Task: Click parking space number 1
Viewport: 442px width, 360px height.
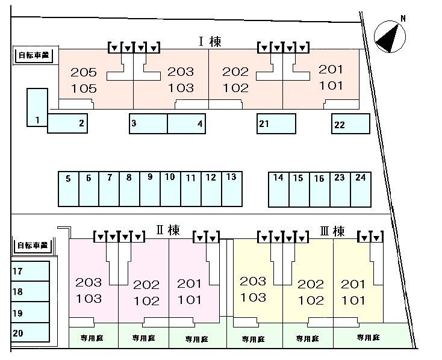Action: pyautogui.click(x=37, y=107)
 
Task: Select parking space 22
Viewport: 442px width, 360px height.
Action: pyautogui.click(x=350, y=123)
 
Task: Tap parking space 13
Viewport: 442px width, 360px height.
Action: pyautogui.click(x=232, y=189)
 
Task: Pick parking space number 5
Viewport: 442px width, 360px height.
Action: pyautogui.click(x=69, y=189)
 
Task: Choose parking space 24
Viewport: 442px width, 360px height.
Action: pyautogui.click(x=361, y=190)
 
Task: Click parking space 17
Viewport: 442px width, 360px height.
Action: pyautogui.click(x=30, y=271)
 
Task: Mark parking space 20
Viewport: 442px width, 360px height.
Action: pyautogui.click(x=30, y=332)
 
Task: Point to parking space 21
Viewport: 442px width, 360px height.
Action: pyautogui.click(x=276, y=123)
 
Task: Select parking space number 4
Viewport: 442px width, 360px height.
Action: pyautogui.click(x=186, y=123)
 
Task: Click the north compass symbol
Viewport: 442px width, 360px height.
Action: pyautogui.click(x=390, y=36)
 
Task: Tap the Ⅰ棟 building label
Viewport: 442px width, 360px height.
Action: pyautogui.click(x=210, y=42)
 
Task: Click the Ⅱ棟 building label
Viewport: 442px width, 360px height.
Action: pyautogui.click(x=168, y=230)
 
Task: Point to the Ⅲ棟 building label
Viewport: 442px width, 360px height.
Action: pyautogui.click(x=332, y=231)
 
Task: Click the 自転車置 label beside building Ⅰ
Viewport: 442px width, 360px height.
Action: pyautogui.click(x=34, y=55)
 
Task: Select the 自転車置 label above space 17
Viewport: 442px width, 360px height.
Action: pyautogui.click(x=33, y=245)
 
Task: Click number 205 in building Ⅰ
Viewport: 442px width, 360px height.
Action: pyautogui.click(x=84, y=72)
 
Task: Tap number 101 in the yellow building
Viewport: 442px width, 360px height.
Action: pyautogui.click(x=353, y=300)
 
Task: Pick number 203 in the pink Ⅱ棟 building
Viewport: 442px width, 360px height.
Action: pyautogui.click(x=89, y=282)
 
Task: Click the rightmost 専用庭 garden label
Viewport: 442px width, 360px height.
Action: pyautogui.click(x=368, y=338)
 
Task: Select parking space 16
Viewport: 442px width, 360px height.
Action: pyautogui.click(x=320, y=190)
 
